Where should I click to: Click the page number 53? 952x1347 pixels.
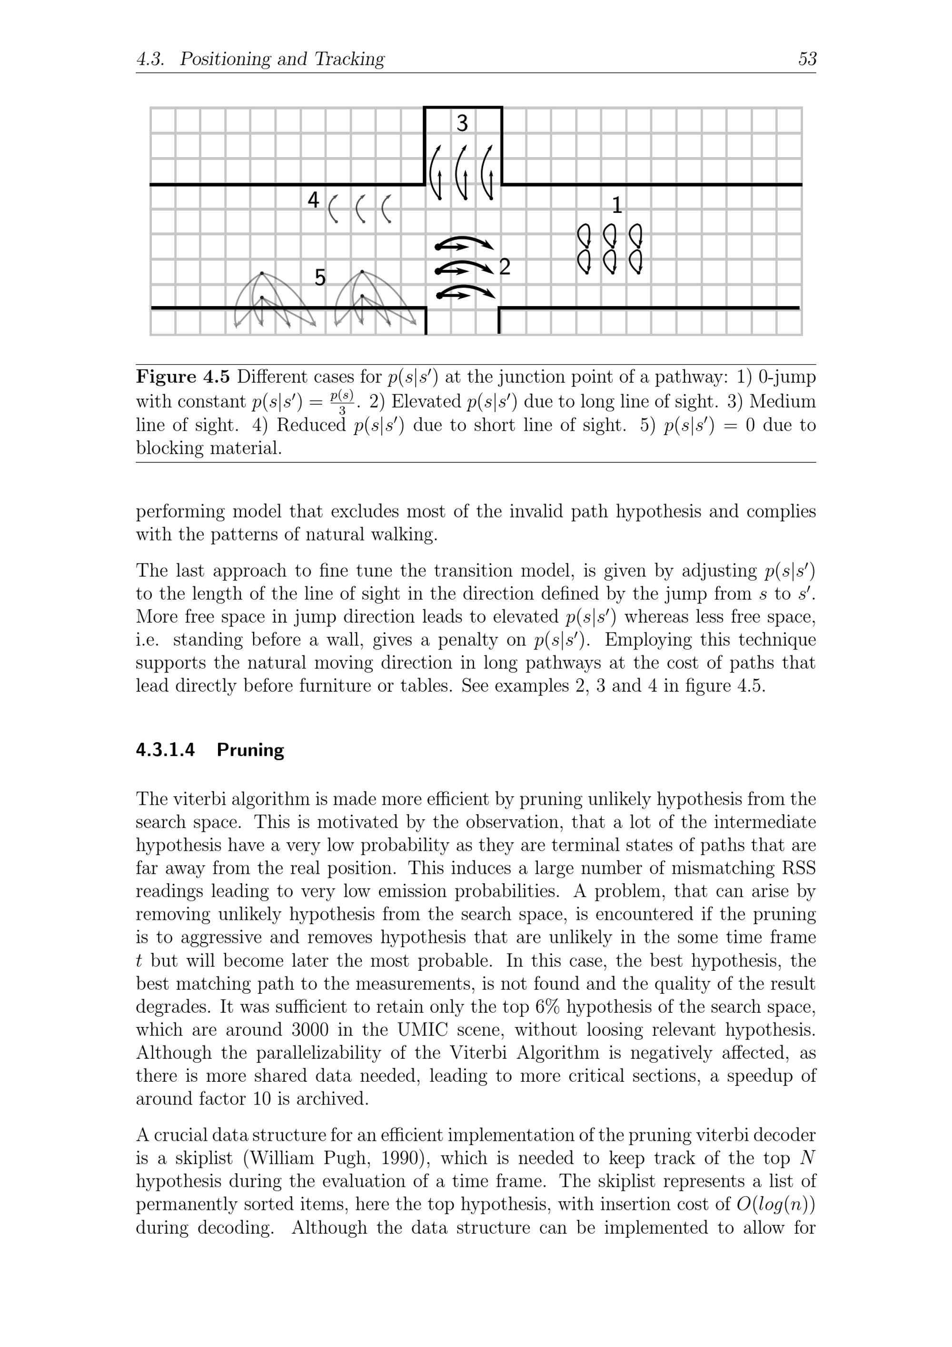coord(807,59)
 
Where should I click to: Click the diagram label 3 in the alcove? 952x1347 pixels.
coord(462,123)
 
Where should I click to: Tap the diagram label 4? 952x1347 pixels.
coord(313,200)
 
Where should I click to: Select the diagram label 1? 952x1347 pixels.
coord(616,205)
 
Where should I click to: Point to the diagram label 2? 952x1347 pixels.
coord(505,267)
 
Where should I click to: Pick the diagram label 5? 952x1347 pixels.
coord(320,278)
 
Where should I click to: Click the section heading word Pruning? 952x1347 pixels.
coord(250,750)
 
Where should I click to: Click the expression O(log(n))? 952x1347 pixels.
coord(775,1205)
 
